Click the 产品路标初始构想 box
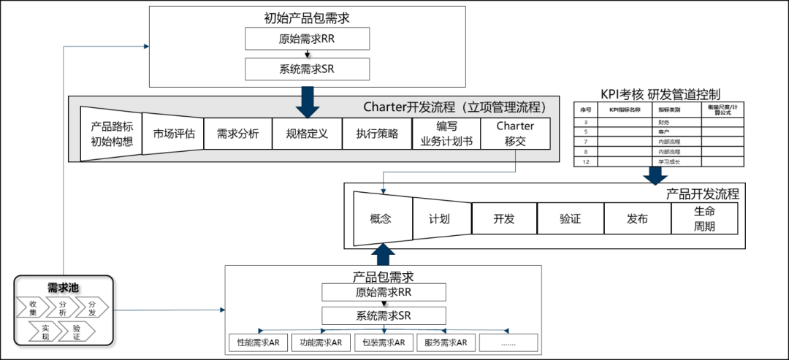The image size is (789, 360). [111, 134]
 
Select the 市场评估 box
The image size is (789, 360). [173, 134]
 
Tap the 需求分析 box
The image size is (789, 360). [237, 134]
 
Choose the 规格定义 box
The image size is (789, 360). [307, 134]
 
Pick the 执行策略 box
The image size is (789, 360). [377, 134]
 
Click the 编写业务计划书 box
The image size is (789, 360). [446, 134]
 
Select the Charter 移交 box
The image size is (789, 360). [515, 134]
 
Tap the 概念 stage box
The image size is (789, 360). [382, 218]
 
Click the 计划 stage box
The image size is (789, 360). [440, 218]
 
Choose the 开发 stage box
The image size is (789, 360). [504, 218]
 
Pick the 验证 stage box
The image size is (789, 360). [570, 218]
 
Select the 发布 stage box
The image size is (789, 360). [637, 218]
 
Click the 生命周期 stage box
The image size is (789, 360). [704, 218]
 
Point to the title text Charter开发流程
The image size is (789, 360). [454, 107]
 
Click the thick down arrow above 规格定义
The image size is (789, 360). [308, 102]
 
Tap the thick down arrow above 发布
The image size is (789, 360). [655, 176]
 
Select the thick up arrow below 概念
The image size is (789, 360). [384, 255]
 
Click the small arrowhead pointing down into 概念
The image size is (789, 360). [384, 191]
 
